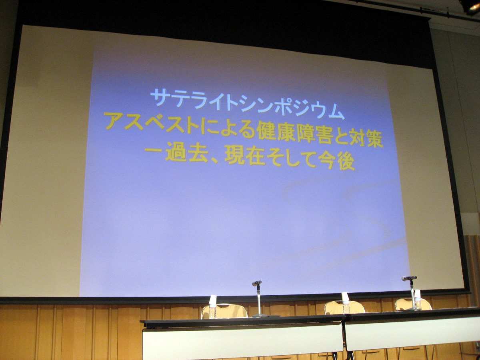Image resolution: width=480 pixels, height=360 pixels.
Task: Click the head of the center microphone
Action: coord(257,283)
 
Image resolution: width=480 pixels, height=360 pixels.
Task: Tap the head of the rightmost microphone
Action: coord(409,278)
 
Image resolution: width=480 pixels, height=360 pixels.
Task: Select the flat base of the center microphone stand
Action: coord(260,315)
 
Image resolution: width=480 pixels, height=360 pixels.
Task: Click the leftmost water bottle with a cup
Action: coord(212,307)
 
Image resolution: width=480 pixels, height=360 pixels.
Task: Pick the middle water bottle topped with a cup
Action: coord(346,303)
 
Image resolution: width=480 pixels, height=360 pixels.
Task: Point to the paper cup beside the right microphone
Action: coord(417,294)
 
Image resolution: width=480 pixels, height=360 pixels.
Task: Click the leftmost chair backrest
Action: coord(224,311)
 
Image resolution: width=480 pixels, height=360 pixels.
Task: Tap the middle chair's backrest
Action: coord(345,307)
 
